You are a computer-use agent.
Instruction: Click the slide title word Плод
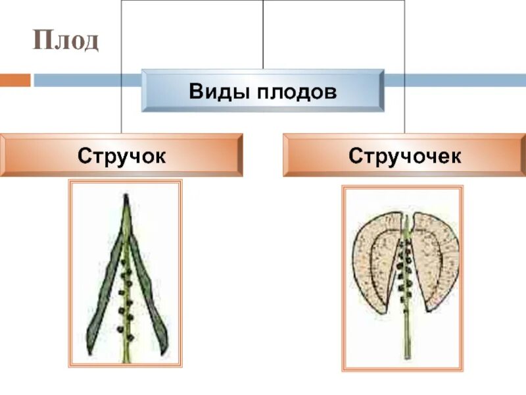tap(67, 40)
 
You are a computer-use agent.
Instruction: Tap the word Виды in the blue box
tap(216, 91)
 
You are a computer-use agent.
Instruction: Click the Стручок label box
tap(121, 155)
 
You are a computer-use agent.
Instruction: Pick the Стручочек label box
tap(404, 155)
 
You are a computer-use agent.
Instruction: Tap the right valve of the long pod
tap(149, 290)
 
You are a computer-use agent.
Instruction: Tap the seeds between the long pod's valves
tap(126, 290)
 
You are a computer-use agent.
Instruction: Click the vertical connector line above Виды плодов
tap(263, 33)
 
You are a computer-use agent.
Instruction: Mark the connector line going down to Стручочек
tap(404, 112)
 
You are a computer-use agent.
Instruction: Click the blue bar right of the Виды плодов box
tap(454, 80)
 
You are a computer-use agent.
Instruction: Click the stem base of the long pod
tap(126, 355)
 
